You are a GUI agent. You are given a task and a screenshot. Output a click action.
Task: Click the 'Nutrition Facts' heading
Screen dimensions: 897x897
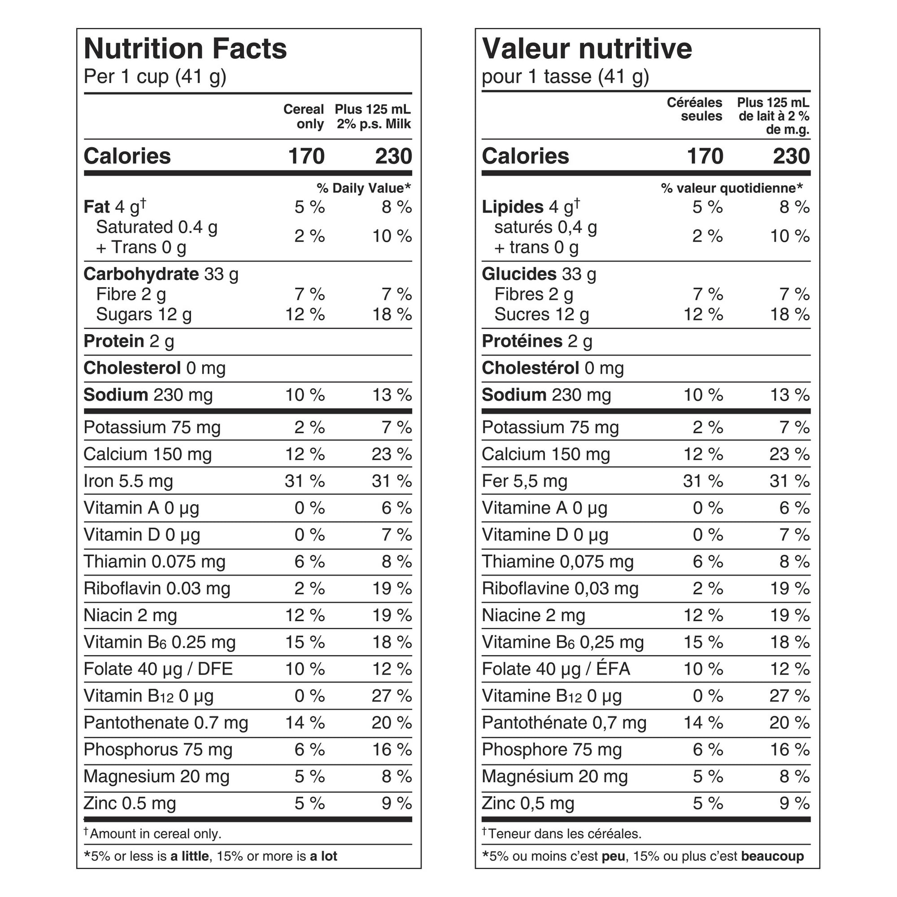coord(185,49)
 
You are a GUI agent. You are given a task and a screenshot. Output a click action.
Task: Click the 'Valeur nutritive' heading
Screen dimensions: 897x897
coord(587,49)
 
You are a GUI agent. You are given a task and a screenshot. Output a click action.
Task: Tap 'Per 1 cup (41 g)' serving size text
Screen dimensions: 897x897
coord(155,77)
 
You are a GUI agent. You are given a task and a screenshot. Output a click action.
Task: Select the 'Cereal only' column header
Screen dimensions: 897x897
coord(304,117)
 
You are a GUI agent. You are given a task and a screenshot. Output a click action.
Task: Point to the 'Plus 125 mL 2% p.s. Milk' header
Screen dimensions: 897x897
coord(373,117)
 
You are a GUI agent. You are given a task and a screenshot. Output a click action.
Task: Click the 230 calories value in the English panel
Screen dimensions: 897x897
coord(393,157)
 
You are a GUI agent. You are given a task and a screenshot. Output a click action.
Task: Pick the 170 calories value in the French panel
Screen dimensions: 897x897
coord(705,157)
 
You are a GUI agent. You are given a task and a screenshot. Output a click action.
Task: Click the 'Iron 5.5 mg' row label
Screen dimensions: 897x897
coord(128,481)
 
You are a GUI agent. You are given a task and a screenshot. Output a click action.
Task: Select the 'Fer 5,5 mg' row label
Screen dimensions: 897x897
coord(524,481)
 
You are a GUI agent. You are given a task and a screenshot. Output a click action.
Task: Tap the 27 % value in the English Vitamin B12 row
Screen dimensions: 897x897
coord(392,696)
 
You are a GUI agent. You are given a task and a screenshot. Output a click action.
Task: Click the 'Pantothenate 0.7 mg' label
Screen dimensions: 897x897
coord(166,723)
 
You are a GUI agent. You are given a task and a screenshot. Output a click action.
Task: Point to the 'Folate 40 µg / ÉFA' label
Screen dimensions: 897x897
coord(556,669)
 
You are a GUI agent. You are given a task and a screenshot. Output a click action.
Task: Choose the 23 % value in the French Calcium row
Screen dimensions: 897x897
coord(790,454)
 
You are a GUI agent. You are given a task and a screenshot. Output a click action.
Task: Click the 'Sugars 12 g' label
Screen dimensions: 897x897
coord(144,315)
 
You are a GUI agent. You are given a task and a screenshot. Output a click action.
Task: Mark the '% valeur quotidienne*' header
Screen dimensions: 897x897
coord(732,188)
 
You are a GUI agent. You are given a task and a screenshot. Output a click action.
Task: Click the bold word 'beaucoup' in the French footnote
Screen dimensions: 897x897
coord(773,856)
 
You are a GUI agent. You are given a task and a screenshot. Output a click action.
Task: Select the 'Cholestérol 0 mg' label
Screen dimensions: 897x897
coord(553,368)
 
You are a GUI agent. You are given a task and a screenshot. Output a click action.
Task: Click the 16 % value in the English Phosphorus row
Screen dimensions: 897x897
coord(392,750)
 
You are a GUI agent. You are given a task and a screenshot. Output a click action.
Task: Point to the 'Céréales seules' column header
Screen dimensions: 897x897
coord(695,109)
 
